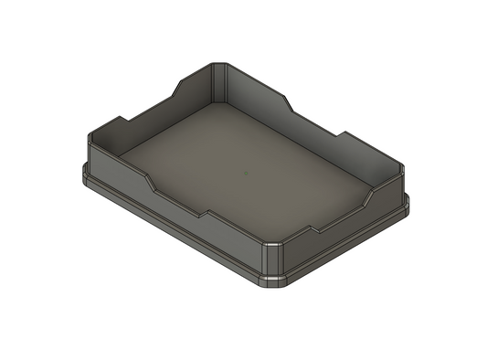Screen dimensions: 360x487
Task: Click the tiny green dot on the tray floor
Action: point(244,171)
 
